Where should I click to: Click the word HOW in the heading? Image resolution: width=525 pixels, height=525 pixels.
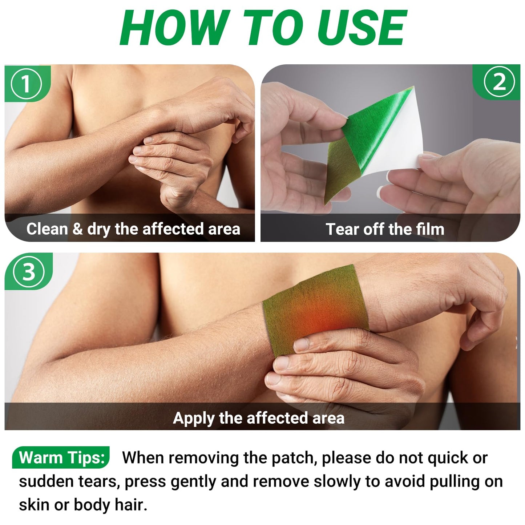tap(175, 28)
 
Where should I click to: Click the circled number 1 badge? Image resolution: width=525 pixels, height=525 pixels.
tap(27, 83)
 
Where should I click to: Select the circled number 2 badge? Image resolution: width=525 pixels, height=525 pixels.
tap(499, 82)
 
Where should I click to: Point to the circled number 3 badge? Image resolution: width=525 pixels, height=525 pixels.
tap(29, 272)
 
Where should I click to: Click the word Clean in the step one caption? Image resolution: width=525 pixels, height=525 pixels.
tap(47, 229)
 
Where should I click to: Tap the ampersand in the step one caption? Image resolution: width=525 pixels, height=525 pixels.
tap(78, 229)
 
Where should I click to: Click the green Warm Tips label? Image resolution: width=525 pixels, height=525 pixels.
tap(61, 457)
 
